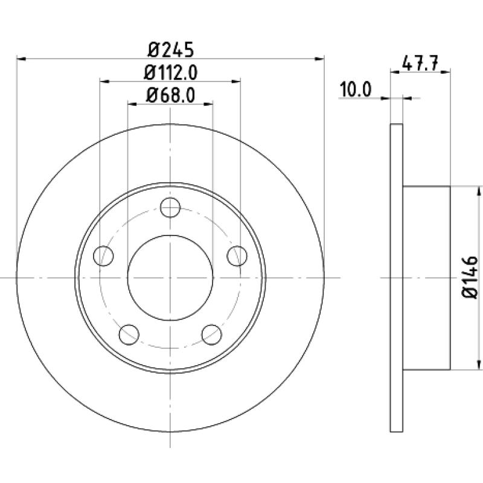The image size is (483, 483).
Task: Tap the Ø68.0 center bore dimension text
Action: coord(170,95)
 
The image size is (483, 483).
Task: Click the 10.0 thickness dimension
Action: coord(356,89)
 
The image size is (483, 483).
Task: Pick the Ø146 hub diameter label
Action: coord(470,277)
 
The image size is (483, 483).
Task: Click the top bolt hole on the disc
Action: coord(171,209)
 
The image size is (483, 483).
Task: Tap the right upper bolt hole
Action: coord(236,255)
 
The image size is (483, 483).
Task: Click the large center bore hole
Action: coord(170,277)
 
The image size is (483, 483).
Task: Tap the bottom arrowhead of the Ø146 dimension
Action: coord(479,365)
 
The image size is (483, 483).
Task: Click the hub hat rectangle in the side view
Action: coord(426,277)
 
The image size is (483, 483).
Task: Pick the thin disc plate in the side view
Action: coord(396,277)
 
